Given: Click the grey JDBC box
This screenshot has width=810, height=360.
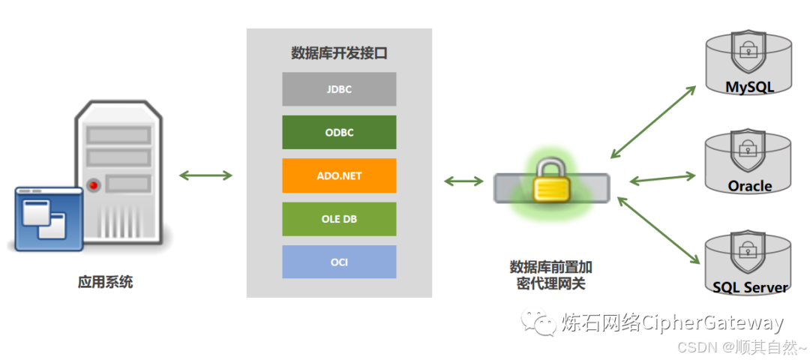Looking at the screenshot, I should coord(339,89).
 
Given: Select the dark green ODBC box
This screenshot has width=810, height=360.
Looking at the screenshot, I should coord(339,133).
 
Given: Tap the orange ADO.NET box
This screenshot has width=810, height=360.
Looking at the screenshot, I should coord(339,176).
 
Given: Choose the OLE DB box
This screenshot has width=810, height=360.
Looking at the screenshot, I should coord(339,219).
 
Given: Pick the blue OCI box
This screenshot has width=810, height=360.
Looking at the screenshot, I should coord(339,262).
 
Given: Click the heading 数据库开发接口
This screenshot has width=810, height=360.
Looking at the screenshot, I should coord(339,53).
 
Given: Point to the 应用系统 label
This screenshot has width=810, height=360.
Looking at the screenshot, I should coord(106,283).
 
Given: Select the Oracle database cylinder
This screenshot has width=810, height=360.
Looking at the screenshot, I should coord(748,163).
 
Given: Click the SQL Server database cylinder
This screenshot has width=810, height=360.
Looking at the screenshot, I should coord(748,262).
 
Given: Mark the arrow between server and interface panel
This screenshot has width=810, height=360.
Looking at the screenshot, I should coord(205,175).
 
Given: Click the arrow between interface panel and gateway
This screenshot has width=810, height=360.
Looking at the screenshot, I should coord(464,181).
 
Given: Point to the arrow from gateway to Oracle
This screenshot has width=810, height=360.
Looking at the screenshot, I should coord(663,178).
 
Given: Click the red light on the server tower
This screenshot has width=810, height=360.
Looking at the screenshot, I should coord(94,184).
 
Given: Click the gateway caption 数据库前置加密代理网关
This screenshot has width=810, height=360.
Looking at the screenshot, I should coord(551,275).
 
